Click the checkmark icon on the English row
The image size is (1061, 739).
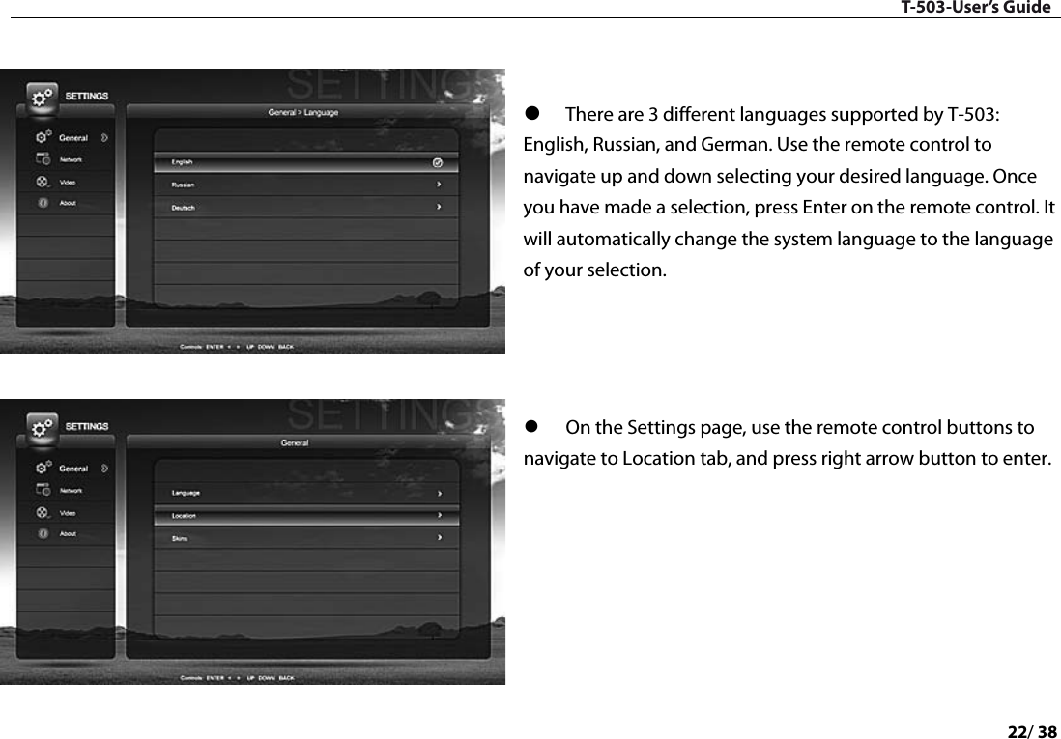[438, 162]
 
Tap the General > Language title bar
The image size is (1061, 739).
[303, 112]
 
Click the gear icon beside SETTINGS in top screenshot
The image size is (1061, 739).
[41, 98]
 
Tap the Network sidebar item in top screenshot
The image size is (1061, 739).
[72, 159]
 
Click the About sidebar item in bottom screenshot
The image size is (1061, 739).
[68, 533]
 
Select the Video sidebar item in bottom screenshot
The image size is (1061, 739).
[68, 512]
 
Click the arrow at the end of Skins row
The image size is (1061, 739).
[440, 538]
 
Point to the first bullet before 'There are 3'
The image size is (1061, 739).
[530, 115]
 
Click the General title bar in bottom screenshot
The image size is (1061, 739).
[295, 442]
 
